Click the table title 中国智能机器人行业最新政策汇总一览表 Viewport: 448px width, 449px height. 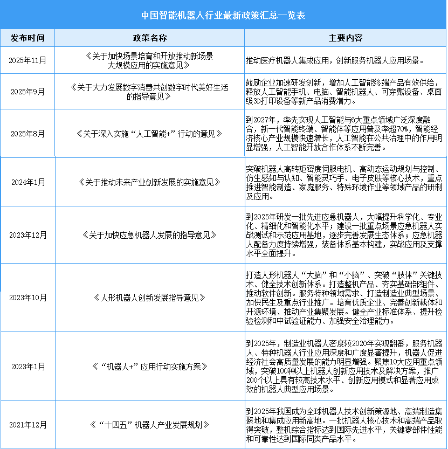click(x=224, y=15)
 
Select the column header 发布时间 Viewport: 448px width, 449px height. click(x=27, y=38)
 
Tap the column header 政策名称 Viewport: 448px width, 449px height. click(x=149, y=38)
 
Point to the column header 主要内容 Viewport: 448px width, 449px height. click(x=346, y=38)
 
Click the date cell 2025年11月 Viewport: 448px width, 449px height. click(x=27, y=60)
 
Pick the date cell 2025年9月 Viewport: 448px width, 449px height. click(x=27, y=92)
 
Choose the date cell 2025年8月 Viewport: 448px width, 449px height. click(x=27, y=133)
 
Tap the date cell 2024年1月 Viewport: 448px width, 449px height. click(x=27, y=182)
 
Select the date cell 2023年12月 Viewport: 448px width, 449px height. click(x=27, y=235)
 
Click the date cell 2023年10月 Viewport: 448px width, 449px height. click(x=27, y=297)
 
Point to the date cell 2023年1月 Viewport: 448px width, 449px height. click(x=27, y=367)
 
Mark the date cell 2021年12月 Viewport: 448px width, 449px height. click(x=27, y=424)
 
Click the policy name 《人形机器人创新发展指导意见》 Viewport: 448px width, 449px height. click(x=149, y=297)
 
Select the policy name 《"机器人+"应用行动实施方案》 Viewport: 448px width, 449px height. click(x=149, y=367)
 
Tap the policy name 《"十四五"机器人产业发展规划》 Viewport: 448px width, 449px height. click(x=149, y=424)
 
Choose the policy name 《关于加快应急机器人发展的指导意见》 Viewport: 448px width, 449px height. click(x=149, y=235)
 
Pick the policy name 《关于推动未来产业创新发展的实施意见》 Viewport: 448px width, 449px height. click(x=149, y=182)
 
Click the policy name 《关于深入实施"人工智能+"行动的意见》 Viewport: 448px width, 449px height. click(x=149, y=133)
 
